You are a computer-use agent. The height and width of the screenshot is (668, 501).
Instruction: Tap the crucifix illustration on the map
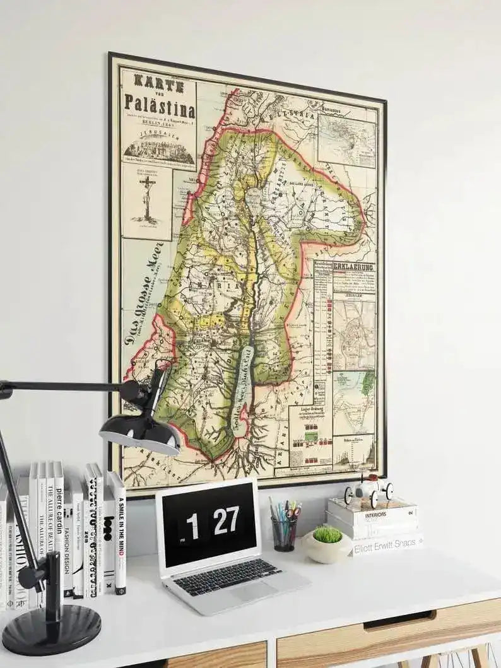(148, 198)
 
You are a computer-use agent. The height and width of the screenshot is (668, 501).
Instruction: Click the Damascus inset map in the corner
(346, 140)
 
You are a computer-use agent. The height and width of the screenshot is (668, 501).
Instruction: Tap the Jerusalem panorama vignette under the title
(159, 150)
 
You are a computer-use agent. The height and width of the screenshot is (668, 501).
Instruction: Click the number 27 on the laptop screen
(225, 520)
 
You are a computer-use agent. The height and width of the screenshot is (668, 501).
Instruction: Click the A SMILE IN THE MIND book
(118, 533)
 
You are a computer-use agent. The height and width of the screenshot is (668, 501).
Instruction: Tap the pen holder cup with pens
(284, 532)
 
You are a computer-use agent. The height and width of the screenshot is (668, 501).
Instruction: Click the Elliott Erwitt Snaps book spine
(386, 544)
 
